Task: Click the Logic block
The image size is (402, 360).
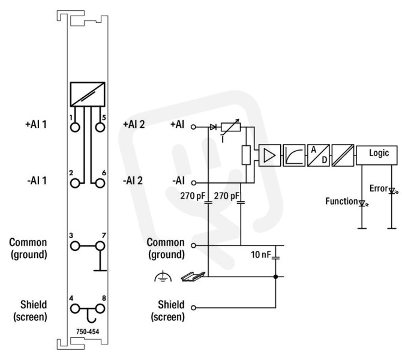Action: pyautogui.click(x=377, y=155)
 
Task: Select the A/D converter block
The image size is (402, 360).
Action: pyautogui.click(x=319, y=155)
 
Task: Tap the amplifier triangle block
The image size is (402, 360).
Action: pyautogui.click(x=269, y=155)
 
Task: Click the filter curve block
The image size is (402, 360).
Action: pyautogui.click(x=294, y=155)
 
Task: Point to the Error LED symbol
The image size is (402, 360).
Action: pyautogui.click(x=392, y=191)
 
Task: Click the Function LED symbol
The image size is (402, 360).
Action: pyautogui.click(x=362, y=203)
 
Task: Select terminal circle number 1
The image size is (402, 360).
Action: pyautogui.click(x=75, y=127)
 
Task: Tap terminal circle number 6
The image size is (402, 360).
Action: pyautogui.click(x=100, y=184)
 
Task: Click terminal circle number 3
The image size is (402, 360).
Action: pyautogui.click(x=75, y=246)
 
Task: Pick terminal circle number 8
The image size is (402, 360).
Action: pyautogui.click(x=100, y=309)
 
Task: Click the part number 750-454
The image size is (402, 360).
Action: pyautogui.click(x=88, y=332)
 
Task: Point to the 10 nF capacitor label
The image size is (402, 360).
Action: pyautogui.click(x=261, y=254)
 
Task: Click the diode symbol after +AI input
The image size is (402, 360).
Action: pyautogui.click(x=213, y=127)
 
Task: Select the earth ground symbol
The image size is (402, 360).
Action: pyautogui.click(x=163, y=277)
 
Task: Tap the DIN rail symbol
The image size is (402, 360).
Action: pyautogui.click(x=193, y=277)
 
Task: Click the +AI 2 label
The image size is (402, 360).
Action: pyautogui.click(x=134, y=124)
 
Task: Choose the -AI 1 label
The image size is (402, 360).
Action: pyautogui.click(x=37, y=181)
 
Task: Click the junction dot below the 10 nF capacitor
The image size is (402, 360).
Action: pyautogui.click(x=275, y=277)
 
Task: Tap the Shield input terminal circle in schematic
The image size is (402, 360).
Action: pyautogui.click(x=194, y=307)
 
